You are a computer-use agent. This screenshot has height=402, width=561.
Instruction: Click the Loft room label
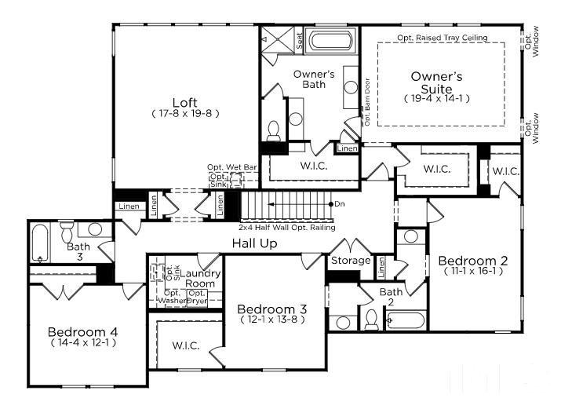(x=185, y=102)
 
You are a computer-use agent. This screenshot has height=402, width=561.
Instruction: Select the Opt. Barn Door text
(x=366, y=100)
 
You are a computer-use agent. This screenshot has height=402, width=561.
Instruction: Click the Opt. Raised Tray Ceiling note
(x=442, y=38)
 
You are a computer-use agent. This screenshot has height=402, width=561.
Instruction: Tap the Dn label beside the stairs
(x=340, y=204)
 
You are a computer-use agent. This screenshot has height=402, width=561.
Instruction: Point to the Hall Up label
(x=254, y=244)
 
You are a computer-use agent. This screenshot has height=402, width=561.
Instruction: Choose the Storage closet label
(x=350, y=261)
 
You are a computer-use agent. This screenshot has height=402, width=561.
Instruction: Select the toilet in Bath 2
(x=371, y=319)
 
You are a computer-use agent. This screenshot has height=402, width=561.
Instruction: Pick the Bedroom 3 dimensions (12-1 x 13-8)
(x=272, y=320)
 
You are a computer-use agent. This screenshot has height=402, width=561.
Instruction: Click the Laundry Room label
(x=200, y=278)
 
